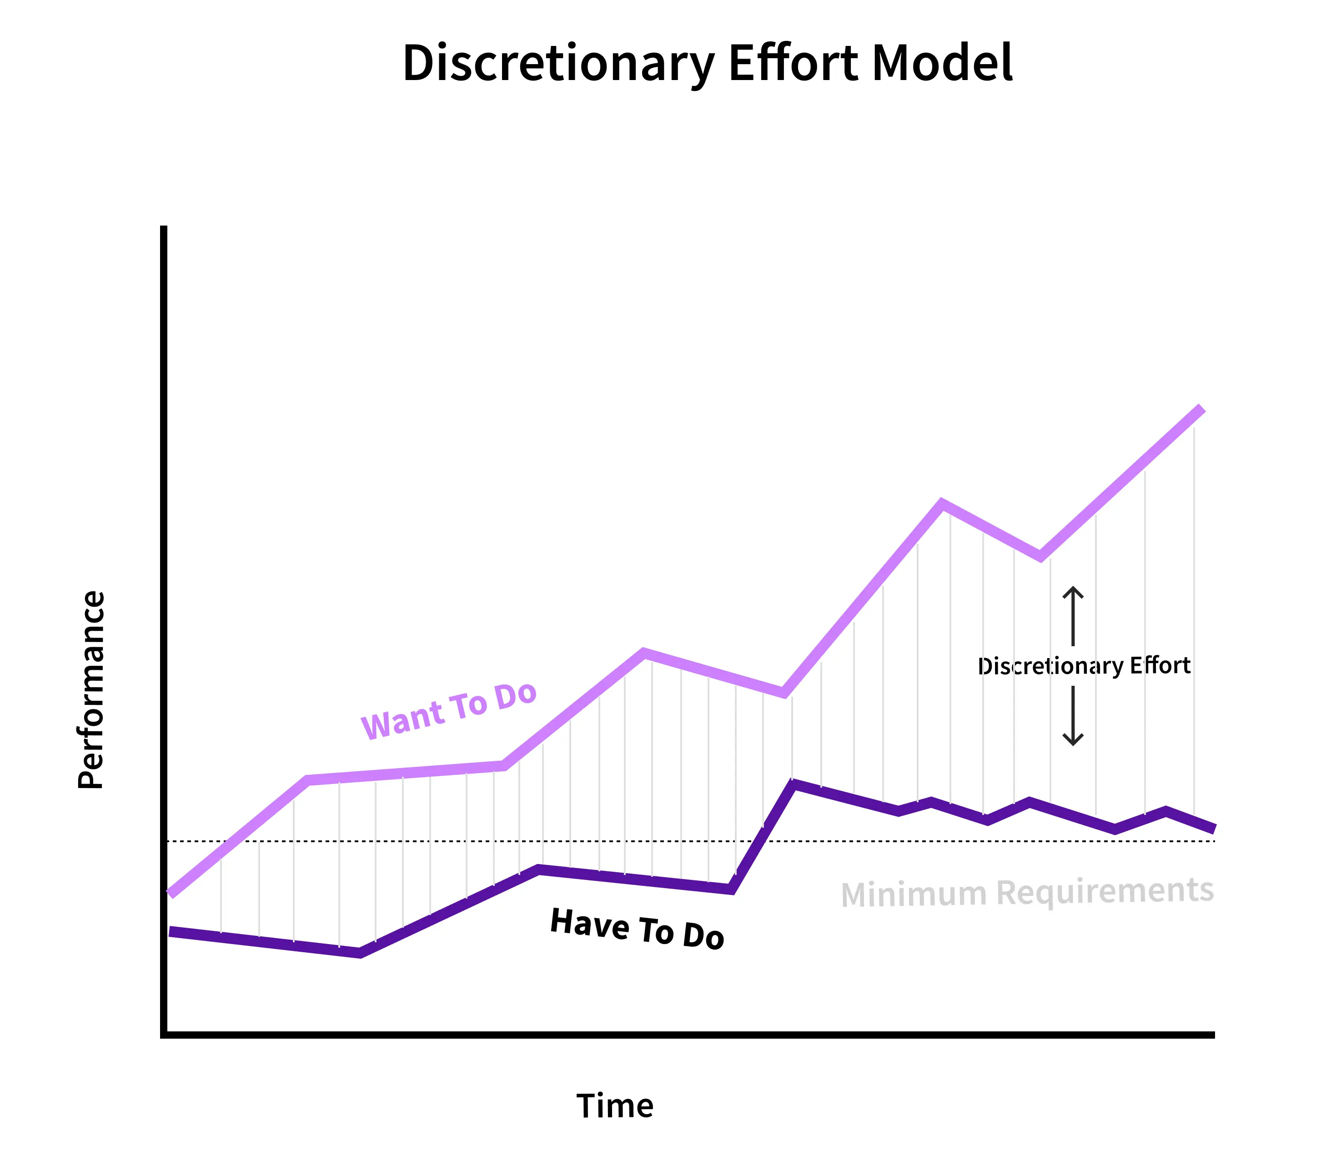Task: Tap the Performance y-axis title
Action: [91, 690]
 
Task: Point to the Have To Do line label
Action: [637, 929]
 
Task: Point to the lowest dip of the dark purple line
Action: [361, 953]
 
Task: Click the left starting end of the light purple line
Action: [171, 894]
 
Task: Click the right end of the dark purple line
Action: [1213, 829]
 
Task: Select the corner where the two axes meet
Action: [164, 1035]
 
